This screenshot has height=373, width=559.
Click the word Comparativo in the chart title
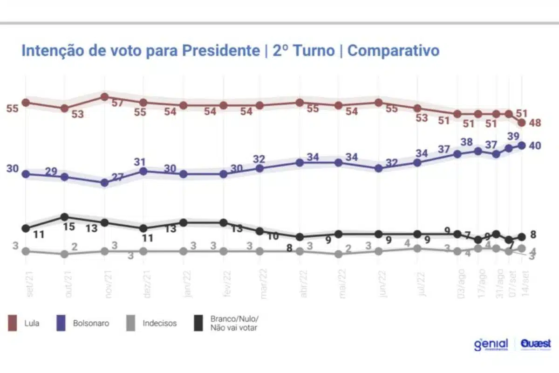point(393,50)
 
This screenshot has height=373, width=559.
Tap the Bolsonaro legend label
point(91,323)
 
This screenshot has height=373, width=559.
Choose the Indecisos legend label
point(159,323)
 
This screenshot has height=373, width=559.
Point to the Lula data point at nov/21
point(105,97)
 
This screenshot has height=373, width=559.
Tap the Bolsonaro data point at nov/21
point(105,183)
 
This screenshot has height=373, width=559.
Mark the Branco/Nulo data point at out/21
point(65,217)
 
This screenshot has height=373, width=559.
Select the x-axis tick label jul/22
point(421,283)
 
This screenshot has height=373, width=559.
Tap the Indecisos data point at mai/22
point(339,254)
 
